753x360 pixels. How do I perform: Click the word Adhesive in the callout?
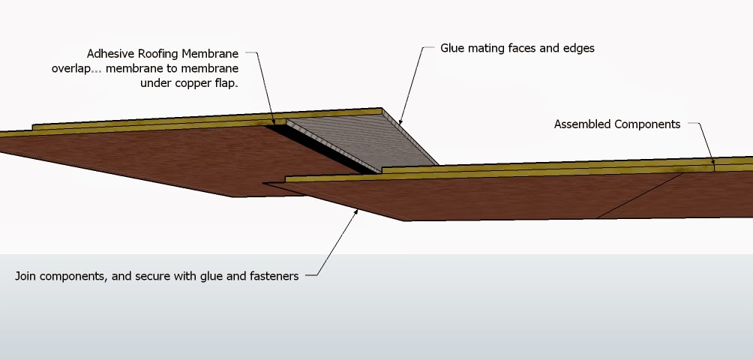tap(111, 54)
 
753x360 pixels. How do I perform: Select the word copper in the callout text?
tap(187, 83)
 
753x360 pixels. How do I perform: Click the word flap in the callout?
tap(223, 83)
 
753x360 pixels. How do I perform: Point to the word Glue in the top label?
tap(455, 48)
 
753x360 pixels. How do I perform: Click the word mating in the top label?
tap(491, 49)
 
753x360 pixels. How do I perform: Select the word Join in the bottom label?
tap(27, 276)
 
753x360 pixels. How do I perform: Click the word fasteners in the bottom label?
tap(273, 276)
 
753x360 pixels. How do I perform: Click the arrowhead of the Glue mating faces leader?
tap(400, 122)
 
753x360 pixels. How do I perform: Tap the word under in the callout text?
tap(155, 83)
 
